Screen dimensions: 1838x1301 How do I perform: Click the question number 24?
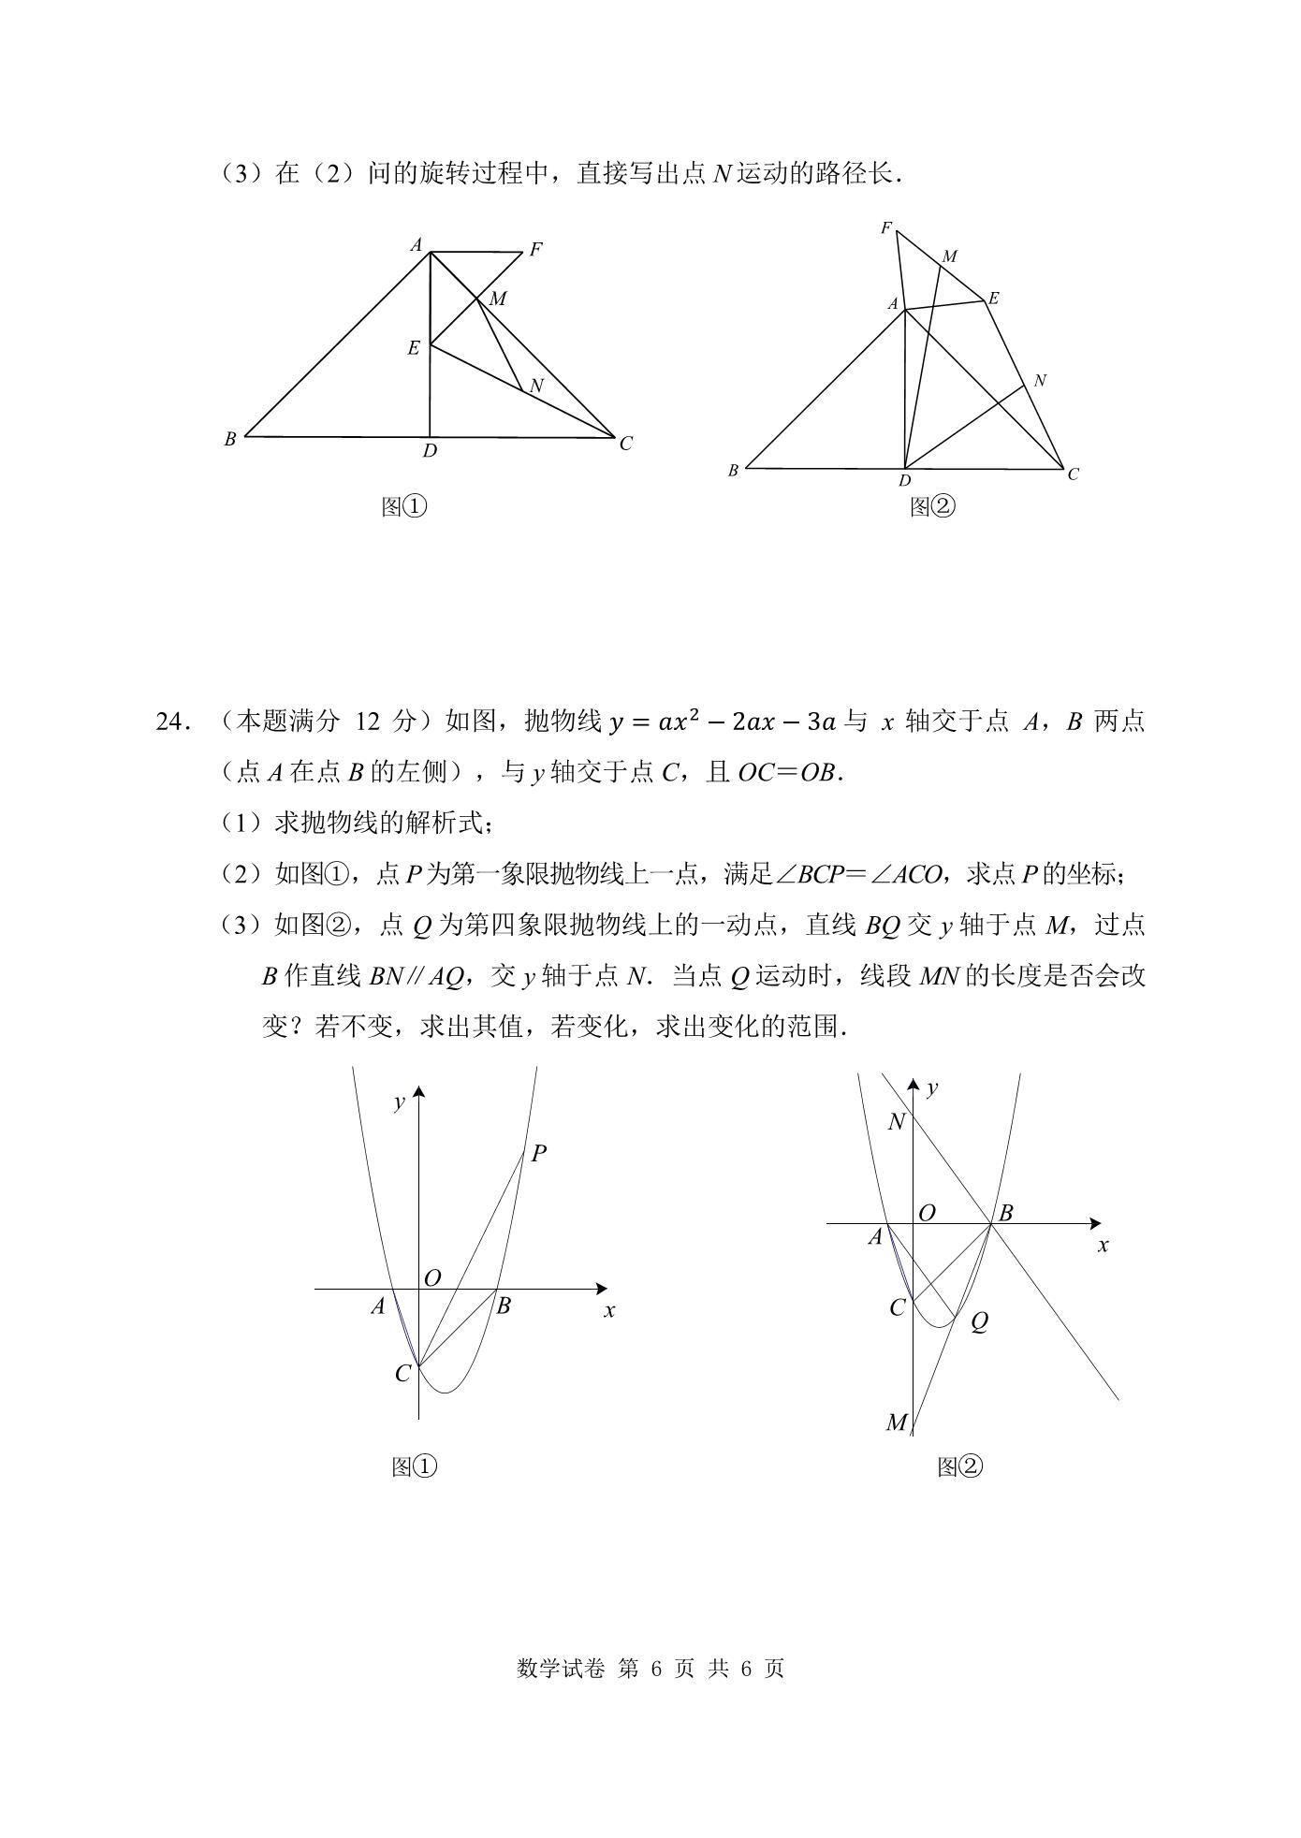[176, 722]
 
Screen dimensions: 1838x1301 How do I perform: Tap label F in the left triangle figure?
[535, 250]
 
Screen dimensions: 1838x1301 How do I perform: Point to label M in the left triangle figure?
[497, 299]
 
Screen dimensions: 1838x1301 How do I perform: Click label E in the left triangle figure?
[413, 348]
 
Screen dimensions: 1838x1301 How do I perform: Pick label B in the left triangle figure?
[229, 438]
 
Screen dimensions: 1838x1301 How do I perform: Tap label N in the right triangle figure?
[1039, 381]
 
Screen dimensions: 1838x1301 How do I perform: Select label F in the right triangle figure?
[885, 227]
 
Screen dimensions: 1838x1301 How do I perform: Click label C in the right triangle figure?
[1073, 474]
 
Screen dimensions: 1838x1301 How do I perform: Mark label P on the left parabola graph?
[538, 1154]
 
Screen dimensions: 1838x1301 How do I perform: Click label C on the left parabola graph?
[402, 1374]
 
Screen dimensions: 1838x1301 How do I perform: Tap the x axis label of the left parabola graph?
[609, 1311]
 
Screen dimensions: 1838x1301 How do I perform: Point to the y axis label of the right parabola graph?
[931, 1087]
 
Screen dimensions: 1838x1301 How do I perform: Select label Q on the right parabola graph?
[979, 1322]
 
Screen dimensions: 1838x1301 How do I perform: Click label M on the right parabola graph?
[896, 1423]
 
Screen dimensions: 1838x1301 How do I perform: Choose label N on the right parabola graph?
[897, 1122]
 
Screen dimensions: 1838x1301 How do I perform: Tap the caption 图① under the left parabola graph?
[414, 1466]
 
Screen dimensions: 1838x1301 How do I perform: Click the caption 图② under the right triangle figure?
[932, 507]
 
